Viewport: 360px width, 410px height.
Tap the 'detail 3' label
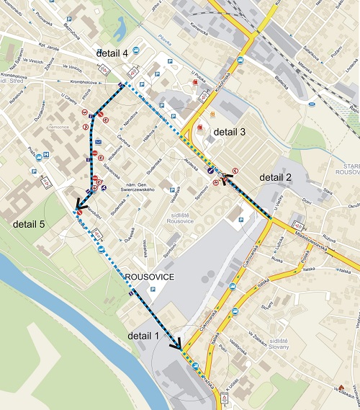click(229, 132)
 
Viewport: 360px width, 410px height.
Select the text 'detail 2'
click(276, 177)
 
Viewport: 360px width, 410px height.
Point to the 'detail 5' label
click(29, 225)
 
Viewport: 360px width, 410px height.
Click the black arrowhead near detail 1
click(175, 345)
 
